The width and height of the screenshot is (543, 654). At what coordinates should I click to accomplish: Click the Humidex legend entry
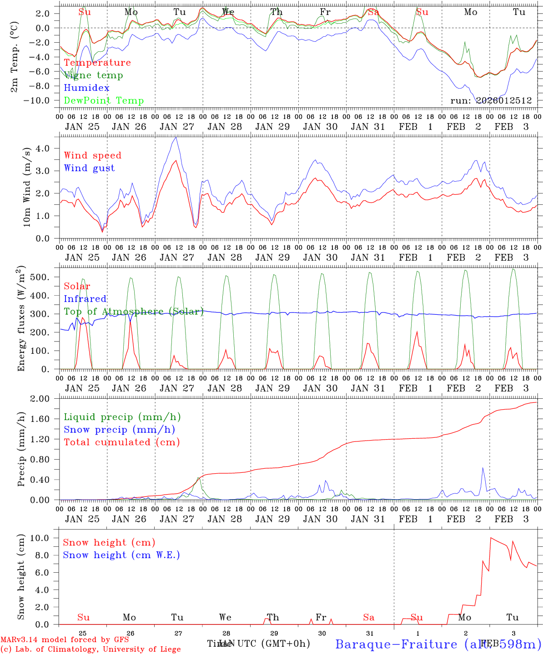(86, 88)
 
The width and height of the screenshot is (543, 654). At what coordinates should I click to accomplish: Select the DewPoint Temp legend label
(104, 101)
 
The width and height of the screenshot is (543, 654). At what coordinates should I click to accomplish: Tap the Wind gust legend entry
(89, 168)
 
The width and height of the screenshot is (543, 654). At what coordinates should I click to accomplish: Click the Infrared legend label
(85, 299)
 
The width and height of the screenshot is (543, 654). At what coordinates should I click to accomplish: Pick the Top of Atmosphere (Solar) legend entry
(134, 312)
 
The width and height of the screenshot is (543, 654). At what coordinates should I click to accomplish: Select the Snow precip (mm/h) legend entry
(119, 430)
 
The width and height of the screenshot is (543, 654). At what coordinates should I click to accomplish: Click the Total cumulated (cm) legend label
(121, 442)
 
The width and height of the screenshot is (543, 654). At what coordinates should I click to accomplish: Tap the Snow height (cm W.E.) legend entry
(121, 555)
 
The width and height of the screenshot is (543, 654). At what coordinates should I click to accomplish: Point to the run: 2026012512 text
(491, 101)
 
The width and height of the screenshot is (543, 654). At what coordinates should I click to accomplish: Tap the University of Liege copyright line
(90, 649)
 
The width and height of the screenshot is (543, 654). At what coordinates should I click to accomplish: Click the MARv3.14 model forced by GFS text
(65, 640)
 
